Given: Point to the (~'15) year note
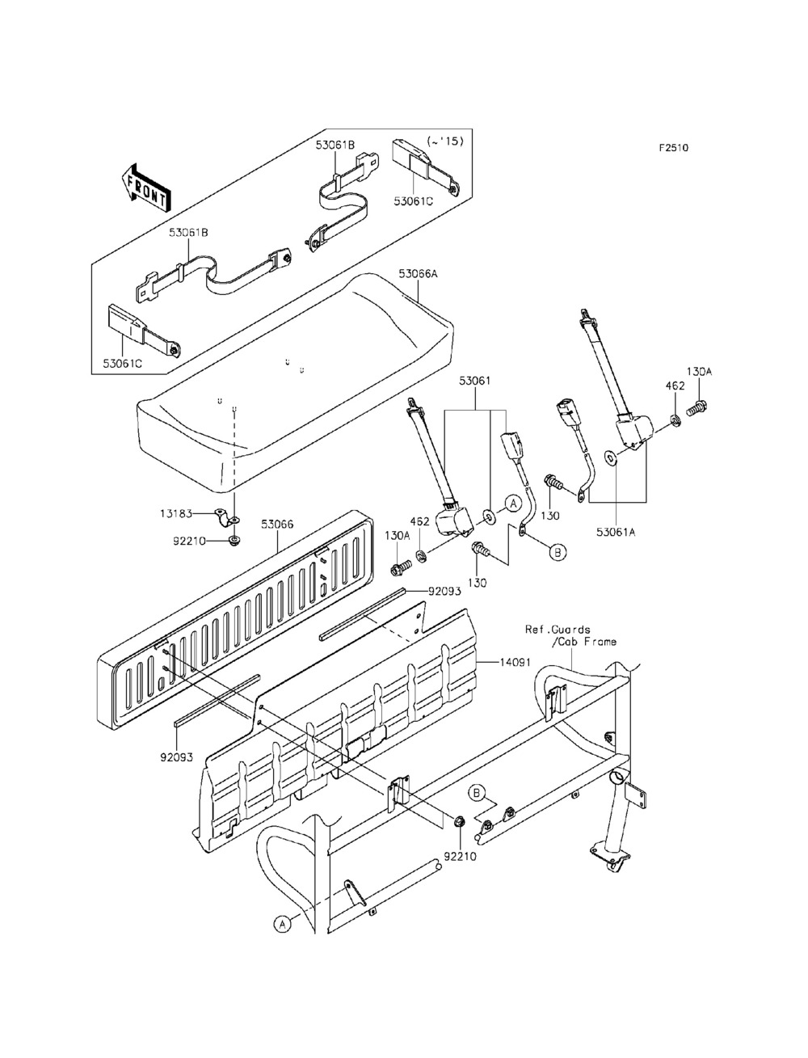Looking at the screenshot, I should pyautogui.click(x=444, y=141).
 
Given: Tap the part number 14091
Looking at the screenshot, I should pyautogui.click(x=515, y=662).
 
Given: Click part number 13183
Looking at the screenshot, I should pyautogui.click(x=175, y=512).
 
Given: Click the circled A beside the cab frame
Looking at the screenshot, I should pyautogui.click(x=280, y=924).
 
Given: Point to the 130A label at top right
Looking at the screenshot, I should pyautogui.click(x=699, y=371).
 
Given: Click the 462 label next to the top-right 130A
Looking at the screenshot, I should pyautogui.click(x=675, y=386).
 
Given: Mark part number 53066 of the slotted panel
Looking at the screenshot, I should pyautogui.click(x=277, y=524).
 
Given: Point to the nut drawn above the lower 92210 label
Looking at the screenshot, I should pyautogui.click(x=459, y=823).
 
